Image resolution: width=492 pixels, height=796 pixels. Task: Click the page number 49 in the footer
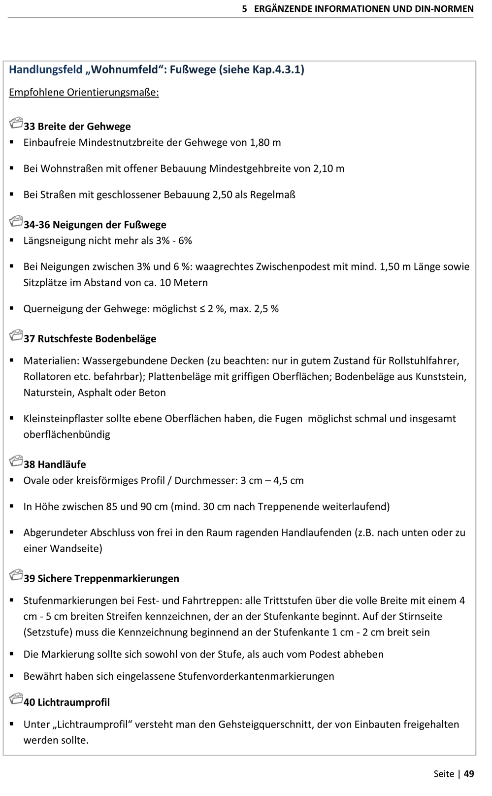click(469, 774)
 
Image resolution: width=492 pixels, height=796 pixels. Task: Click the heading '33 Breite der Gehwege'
click(77, 127)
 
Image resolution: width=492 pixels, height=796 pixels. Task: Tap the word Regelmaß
click(272, 195)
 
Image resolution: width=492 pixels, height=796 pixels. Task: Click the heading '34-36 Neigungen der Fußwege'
click(95, 225)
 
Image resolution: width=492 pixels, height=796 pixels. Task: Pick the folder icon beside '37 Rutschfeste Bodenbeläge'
click(16, 336)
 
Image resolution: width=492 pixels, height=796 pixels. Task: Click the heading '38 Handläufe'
click(55, 464)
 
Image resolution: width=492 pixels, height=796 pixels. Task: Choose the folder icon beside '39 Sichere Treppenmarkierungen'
click(16, 575)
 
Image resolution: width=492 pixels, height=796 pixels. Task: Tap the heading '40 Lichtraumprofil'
click(66, 702)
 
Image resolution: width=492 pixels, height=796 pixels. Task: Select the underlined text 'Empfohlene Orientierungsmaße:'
click(84, 93)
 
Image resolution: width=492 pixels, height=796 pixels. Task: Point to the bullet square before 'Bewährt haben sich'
click(12, 676)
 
